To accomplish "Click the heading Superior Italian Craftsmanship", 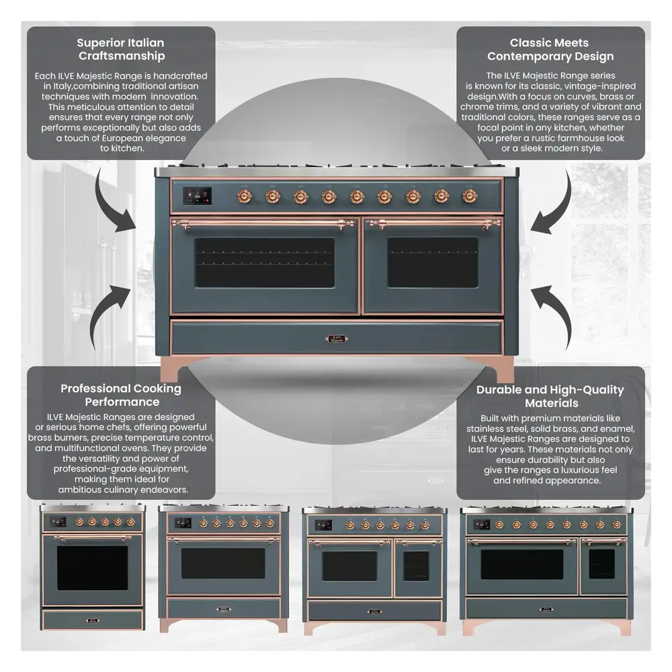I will (x=121, y=50).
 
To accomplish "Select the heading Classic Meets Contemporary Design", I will (x=550, y=50).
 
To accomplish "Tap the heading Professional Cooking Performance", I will (x=121, y=395).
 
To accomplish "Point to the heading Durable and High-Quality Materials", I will (x=550, y=396).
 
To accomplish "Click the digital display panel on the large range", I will (x=197, y=196).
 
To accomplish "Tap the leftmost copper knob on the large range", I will (x=244, y=196).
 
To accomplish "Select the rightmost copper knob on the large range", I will (x=468, y=196).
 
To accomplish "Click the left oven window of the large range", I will (x=265, y=262).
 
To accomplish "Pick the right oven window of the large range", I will (x=432, y=262).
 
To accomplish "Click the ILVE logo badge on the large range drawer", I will (x=337, y=339).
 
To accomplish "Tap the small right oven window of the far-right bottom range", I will (x=601, y=564).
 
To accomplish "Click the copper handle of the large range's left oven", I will (x=265, y=223).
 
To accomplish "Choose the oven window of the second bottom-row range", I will (x=223, y=563).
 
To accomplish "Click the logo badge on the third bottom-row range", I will (x=374, y=611).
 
